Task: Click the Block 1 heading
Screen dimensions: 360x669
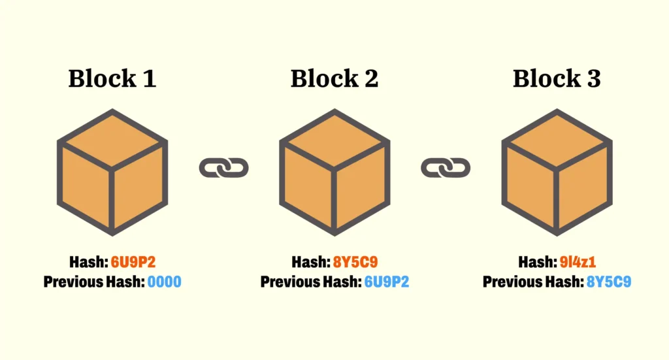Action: click(x=112, y=79)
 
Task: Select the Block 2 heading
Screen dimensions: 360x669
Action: click(x=334, y=79)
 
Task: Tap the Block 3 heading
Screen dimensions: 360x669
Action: click(x=557, y=79)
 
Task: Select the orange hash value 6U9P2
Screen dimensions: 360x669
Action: click(x=133, y=263)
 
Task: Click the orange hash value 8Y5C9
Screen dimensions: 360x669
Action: click(x=355, y=263)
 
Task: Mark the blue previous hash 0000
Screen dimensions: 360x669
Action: click(x=164, y=282)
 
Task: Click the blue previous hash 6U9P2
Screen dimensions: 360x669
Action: click(x=386, y=282)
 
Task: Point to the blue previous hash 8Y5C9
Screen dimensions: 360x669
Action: click(x=608, y=282)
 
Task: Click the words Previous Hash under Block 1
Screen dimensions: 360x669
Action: click(x=93, y=282)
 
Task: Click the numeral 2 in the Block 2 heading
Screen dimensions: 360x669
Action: click(x=370, y=79)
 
